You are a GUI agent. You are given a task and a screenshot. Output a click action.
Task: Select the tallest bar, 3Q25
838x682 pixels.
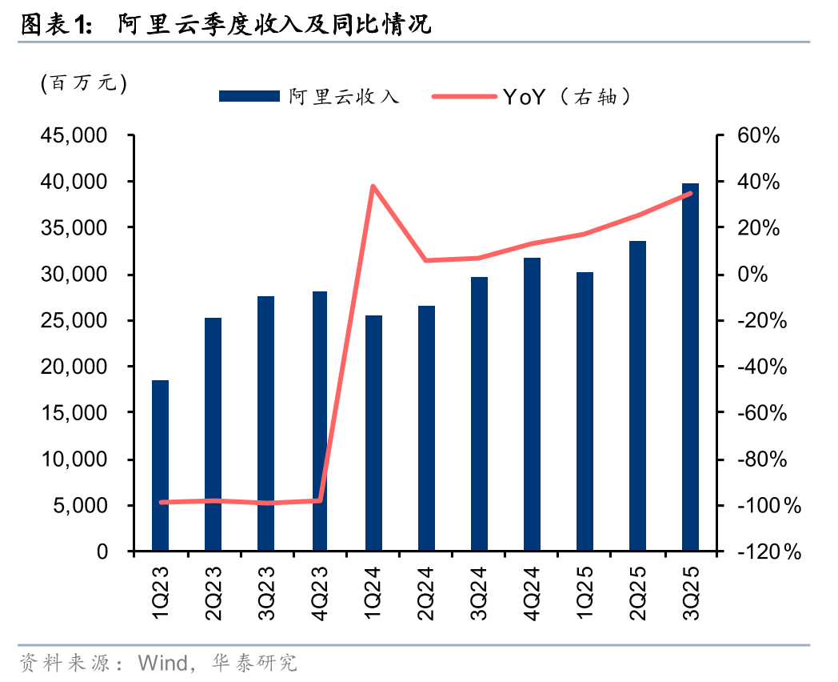(690, 367)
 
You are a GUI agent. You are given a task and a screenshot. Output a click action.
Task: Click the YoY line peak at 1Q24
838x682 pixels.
(373, 187)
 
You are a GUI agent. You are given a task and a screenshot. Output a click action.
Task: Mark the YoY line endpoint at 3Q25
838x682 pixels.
(690, 193)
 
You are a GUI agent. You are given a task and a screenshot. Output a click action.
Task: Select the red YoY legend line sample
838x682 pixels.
(464, 97)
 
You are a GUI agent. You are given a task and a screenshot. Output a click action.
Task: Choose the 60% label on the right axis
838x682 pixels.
(757, 136)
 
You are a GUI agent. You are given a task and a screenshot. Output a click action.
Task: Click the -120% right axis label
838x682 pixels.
(768, 552)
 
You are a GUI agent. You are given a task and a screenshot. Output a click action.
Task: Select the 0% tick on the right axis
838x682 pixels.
(752, 275)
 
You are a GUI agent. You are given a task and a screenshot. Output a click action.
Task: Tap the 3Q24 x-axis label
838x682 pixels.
(479, 592)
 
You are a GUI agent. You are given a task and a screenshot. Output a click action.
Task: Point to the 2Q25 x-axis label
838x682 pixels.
(638, 592)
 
